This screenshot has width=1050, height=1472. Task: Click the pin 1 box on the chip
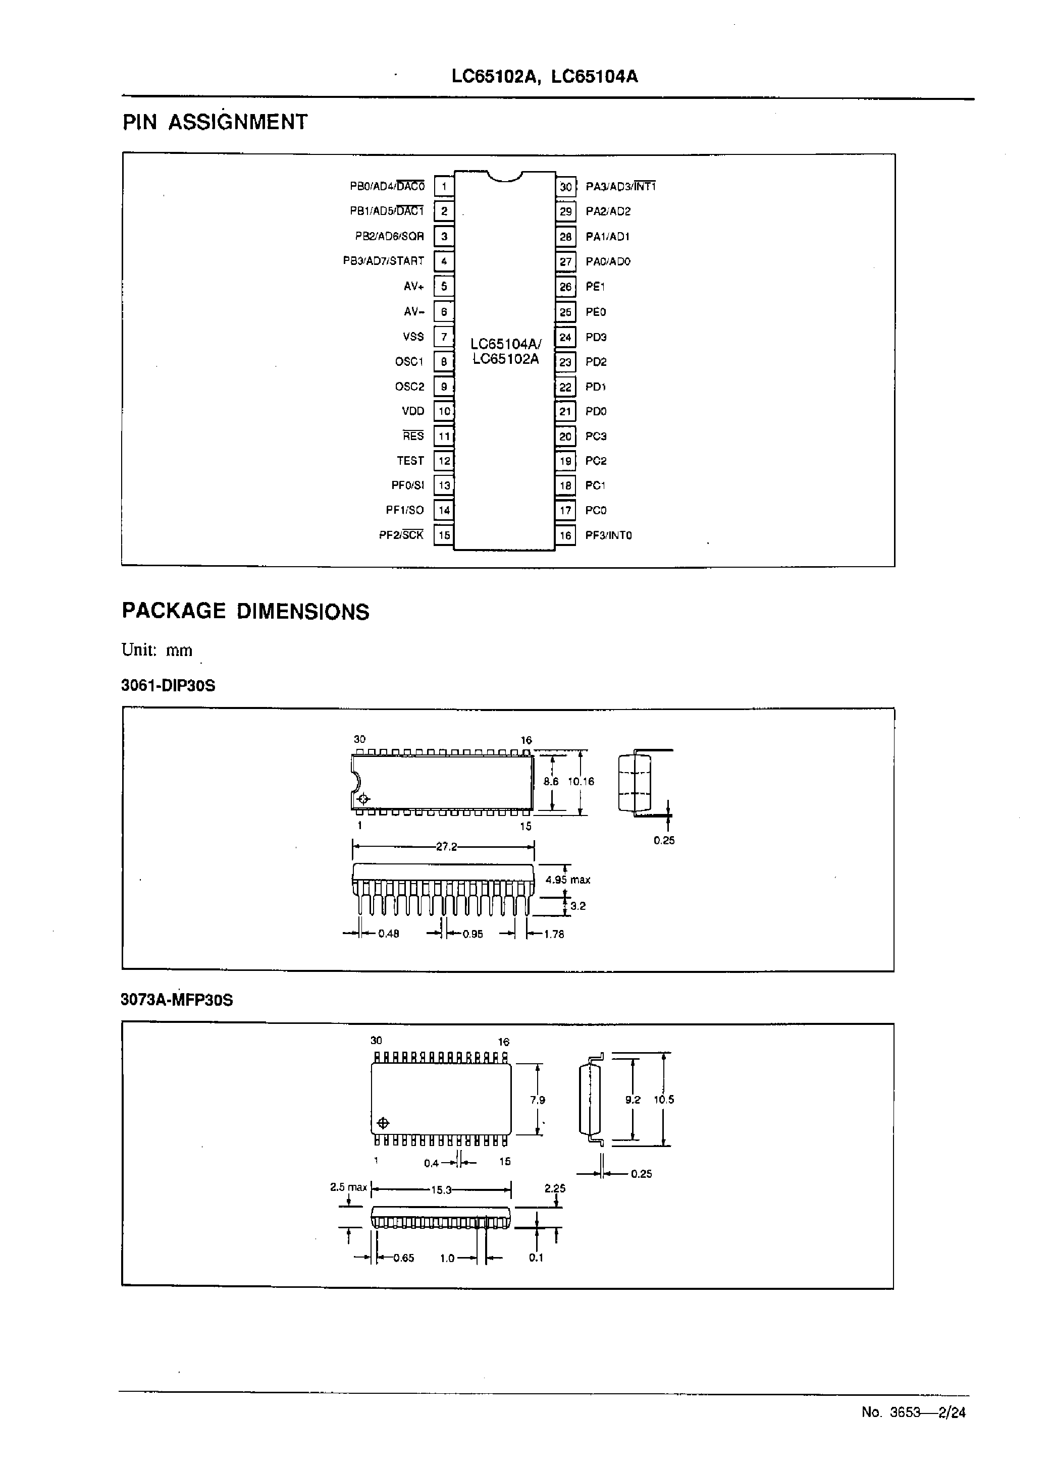(444, 187)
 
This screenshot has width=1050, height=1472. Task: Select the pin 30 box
(566, 187)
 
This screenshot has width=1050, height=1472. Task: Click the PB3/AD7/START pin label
(384, 261)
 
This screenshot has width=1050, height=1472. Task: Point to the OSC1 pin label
(409, 361)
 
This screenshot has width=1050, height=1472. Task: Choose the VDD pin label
(412, 411)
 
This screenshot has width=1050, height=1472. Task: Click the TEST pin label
(410, 461)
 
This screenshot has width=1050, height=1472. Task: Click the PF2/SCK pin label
(401, 535)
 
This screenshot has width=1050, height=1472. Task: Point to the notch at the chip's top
(505, 176)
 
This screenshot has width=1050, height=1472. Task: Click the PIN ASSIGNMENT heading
(216, 122)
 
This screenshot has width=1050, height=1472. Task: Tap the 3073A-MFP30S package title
(177, 1000)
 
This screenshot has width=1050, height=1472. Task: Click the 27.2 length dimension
(446, 846)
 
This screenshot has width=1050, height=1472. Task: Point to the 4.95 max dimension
(568, 880)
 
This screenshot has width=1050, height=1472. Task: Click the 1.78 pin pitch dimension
(554, 934)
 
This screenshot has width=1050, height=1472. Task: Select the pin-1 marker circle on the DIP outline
(363, 799)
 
